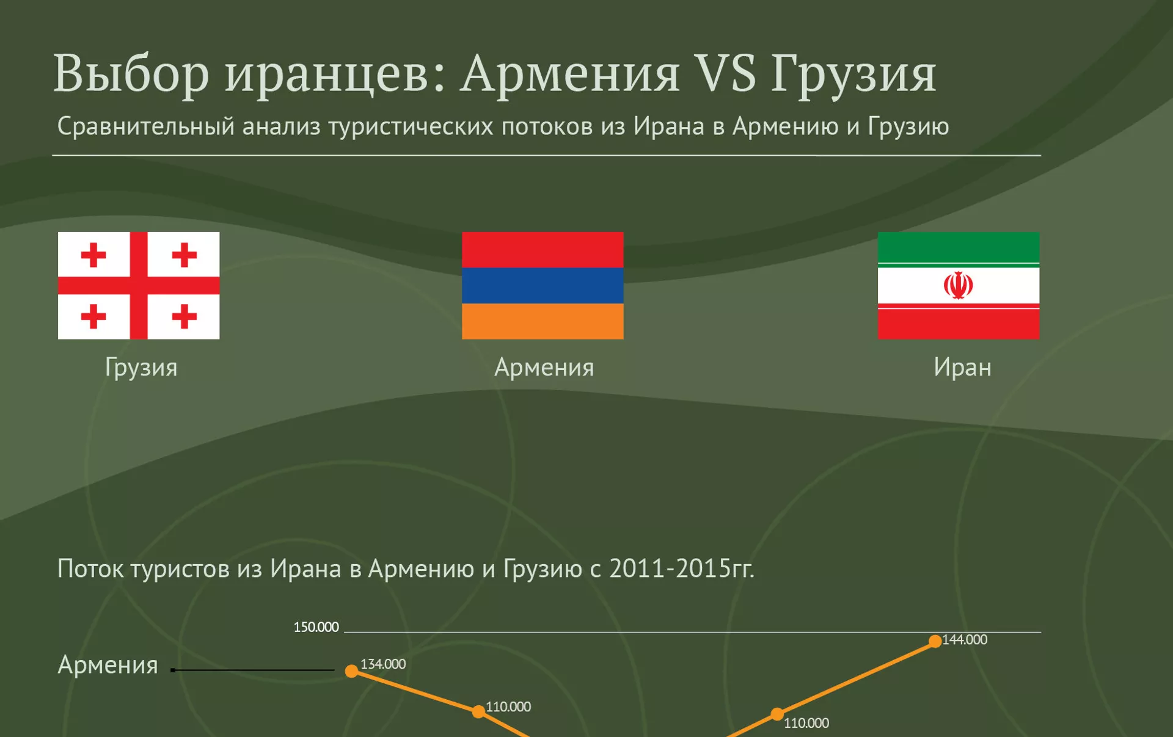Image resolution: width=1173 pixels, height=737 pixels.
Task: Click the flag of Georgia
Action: click(x=139, y=285)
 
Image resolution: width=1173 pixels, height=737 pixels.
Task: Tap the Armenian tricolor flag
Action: click(x=543, y=285)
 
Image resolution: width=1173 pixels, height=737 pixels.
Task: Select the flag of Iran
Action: click(x=959, y=285)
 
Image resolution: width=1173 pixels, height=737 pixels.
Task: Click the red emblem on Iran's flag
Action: click(x=959, y=285)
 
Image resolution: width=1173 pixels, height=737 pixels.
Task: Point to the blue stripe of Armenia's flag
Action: click(x=543, y=285)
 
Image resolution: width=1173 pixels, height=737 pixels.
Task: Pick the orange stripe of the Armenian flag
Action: click(x=543, y=321)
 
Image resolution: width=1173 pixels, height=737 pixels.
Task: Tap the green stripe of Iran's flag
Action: click(x=959, y=247)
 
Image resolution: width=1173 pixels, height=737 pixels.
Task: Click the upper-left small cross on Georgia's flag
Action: click(x=93, y=255)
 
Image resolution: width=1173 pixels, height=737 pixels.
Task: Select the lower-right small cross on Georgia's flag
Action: click(x=184, y=316)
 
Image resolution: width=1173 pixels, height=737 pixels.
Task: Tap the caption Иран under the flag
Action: click(x=962, y=368)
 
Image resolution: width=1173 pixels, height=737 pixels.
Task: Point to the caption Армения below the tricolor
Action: click(x=544, y=368)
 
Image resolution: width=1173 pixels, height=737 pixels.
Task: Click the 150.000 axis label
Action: click(x=316, y=627)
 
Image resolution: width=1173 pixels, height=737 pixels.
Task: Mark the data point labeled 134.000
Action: click(x=351, y=671)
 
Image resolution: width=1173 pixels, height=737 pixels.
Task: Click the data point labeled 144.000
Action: click(x=935, y=641)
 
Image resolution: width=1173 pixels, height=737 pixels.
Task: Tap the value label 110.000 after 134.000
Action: click(x=508, y=707)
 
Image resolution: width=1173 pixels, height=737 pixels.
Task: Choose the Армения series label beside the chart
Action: click(x=108, y=665)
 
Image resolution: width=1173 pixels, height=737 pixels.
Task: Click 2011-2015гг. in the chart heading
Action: click(x=682, y=569)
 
